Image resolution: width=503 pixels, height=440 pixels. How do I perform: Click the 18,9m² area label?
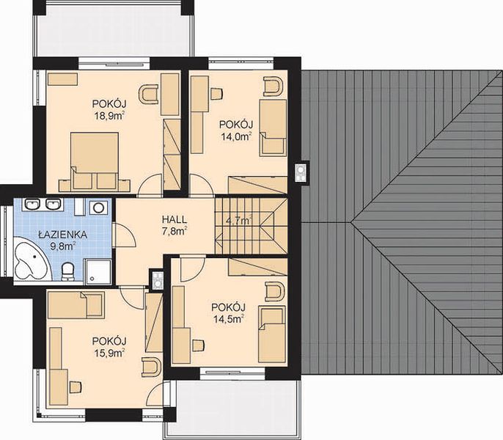109,116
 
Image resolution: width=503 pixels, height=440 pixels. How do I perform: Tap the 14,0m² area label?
236,136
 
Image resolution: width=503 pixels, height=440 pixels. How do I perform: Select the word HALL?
175,219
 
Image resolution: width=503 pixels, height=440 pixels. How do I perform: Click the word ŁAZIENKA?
63,235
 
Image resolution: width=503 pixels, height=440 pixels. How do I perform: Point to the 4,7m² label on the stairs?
239,221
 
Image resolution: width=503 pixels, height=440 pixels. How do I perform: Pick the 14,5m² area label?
228,319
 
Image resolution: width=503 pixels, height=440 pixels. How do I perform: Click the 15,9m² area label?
109,353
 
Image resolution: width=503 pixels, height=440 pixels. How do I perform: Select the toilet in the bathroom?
67,271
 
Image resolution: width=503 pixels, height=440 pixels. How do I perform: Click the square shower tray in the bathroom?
98,272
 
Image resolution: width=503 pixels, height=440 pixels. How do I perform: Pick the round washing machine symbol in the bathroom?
98,208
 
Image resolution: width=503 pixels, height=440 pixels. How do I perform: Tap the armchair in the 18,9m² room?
148,94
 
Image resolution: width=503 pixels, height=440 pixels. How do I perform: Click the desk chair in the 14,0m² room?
216,93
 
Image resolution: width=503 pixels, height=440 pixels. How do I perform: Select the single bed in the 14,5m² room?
272,334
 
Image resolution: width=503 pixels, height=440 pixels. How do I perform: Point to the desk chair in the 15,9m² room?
76,386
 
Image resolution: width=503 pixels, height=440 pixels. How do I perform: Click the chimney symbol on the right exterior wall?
301,172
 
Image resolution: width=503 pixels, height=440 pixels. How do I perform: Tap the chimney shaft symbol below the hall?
157,280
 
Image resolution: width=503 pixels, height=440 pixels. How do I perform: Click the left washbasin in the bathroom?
32,204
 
